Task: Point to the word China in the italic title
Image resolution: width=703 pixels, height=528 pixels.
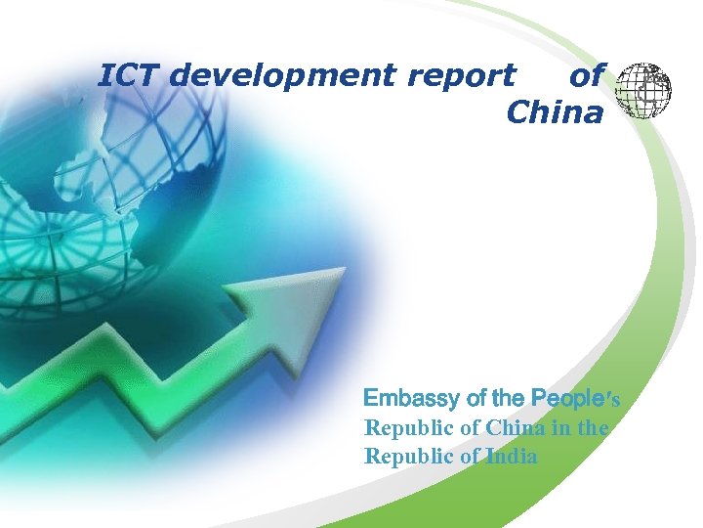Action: coord(555,113)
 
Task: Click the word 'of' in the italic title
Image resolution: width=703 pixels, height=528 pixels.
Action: coord(587,75)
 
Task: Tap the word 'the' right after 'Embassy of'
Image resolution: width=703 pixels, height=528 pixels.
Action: coord(509,398)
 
